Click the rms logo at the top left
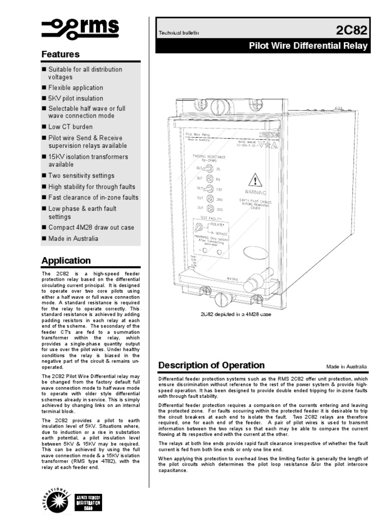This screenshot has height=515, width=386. [x=80, y=28]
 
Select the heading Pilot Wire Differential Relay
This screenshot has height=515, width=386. [x=309, y=46]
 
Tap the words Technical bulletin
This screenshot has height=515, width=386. [x=179, y=33]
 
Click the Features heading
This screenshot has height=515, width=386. [x=60, y=54]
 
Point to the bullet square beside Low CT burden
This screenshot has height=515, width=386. [x=44, y=127]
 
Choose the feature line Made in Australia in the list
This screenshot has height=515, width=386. [x=73, y=238]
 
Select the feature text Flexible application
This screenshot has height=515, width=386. [x=75, y=88]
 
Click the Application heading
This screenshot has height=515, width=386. [x=66, y=261]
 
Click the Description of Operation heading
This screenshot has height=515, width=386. [x=211, y=365]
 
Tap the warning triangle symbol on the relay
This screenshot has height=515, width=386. [x=255, y=180]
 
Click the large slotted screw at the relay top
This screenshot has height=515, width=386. [x=218, y=107]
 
